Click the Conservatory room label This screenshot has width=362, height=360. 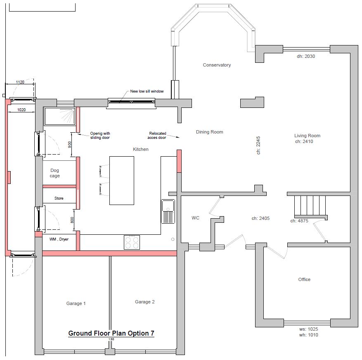217,65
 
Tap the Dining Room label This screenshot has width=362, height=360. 209,132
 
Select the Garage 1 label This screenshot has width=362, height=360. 76,303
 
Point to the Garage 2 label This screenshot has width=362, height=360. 145,302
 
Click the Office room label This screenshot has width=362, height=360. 304,279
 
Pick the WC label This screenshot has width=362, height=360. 195,218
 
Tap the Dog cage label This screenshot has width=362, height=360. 55,173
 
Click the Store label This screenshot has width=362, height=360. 59,198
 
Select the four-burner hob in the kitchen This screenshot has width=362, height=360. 132,242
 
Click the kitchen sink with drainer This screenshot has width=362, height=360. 168,212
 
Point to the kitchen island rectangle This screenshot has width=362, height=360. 122,181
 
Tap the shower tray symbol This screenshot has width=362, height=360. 59,116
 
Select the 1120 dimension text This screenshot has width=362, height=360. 20,82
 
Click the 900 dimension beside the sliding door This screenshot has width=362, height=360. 70,145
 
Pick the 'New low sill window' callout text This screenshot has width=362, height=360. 147,91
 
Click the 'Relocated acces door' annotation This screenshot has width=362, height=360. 157,136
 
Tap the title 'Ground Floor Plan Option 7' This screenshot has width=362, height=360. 111,333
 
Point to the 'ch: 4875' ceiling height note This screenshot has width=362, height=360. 299,221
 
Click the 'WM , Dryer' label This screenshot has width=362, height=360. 59,239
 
